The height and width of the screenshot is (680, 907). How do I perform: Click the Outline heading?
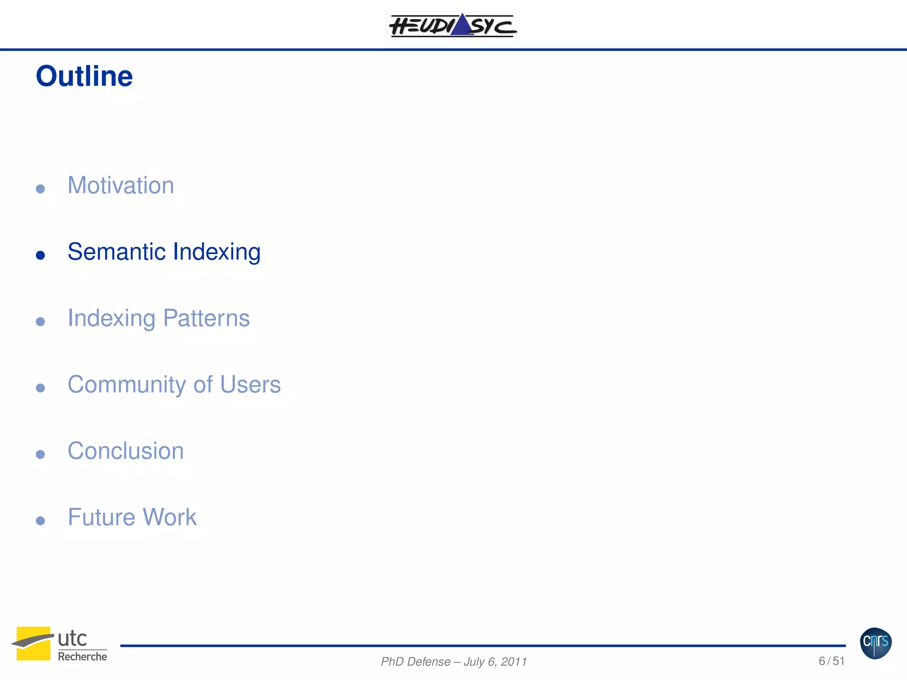point(84,76)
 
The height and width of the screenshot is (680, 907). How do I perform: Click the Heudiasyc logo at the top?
point(453,25)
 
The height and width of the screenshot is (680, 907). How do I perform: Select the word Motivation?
point(120,185)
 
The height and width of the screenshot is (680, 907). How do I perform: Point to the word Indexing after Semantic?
point(217,252)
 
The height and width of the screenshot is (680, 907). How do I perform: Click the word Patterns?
point(206,318)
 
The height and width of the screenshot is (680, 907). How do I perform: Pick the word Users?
point(250,384)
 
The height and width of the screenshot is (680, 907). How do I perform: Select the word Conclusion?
point(125,451)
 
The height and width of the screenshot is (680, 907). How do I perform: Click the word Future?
point(101,517)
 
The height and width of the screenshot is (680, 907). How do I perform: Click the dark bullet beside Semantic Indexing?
point(40,255)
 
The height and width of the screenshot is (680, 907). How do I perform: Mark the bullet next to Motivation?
point(40,189)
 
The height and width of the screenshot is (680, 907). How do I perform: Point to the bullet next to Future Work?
point(40,521)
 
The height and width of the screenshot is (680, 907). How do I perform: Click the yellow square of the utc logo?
point(33,643)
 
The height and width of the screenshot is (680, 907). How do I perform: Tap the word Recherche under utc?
point(82,657)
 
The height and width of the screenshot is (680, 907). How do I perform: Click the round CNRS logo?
point(876,643)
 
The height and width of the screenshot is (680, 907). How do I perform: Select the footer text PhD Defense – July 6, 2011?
point(453,661)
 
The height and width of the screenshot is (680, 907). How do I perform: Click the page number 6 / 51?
point(831,661)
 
